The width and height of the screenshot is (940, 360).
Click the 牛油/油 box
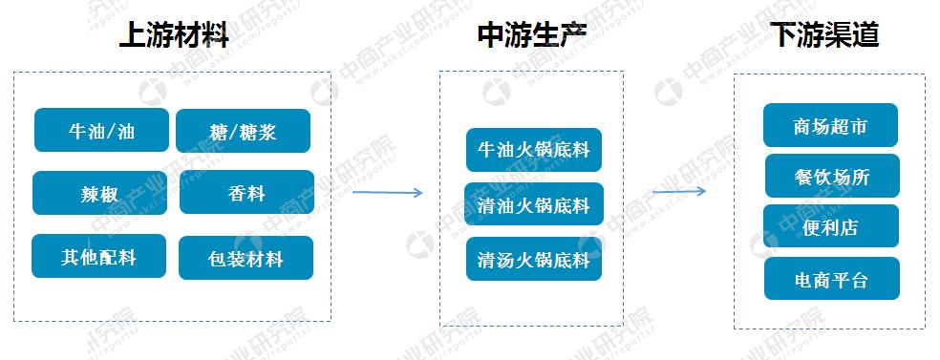[x=101, y=130]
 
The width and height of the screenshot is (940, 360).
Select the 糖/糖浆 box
[x=243, y=131]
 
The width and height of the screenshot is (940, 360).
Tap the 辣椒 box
[x=99, y=193]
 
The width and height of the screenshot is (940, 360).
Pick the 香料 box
[x=246, y=193]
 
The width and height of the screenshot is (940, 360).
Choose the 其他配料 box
[x=98, y=256]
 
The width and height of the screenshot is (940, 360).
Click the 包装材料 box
[x=246, y=258]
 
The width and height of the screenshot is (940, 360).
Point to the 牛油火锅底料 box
[x=534, y=150]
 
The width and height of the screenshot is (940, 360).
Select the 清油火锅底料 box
[x=534, y=204]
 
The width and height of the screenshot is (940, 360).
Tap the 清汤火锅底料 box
[x=534, y=259]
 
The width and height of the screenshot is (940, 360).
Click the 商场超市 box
[x=830, y=125]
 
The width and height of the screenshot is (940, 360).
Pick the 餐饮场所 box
[x=832, y=176]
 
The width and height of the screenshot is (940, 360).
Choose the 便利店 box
[x=831, y=226]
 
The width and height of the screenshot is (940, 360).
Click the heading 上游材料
[x=174, y=36]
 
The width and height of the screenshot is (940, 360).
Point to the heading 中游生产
[x=531, y=36]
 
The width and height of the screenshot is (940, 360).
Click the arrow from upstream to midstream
[x=387, y=193]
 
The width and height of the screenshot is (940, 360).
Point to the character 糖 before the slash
[x=218, y=132]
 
